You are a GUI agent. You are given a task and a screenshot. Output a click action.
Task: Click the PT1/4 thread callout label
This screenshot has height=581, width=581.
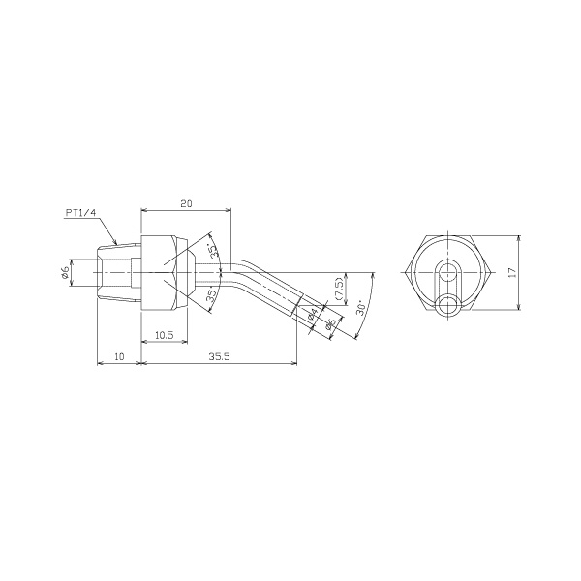pyautogui.click(x=80, y=213)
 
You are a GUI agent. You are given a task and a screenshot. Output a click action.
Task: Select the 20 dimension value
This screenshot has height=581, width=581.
pyautogui.click(x=186, y=203)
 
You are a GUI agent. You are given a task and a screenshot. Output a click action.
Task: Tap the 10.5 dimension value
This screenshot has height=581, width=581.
pyautogui.click(x=165, y=335)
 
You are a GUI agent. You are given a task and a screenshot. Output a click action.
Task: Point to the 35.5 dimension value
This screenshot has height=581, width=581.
pyautogui.click(x=220, y=356)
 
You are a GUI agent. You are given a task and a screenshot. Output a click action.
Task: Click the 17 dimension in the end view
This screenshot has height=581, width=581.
pyautogui.click(x=512, y=272)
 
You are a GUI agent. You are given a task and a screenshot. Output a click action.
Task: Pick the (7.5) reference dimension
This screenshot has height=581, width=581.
pyautogui.click(x=340, y=289)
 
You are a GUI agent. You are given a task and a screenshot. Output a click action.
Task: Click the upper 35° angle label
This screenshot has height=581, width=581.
pyautogui.click(x=212, y=250)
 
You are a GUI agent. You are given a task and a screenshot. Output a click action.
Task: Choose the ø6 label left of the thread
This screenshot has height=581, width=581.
pyautogui.click(x=64, y=272)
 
